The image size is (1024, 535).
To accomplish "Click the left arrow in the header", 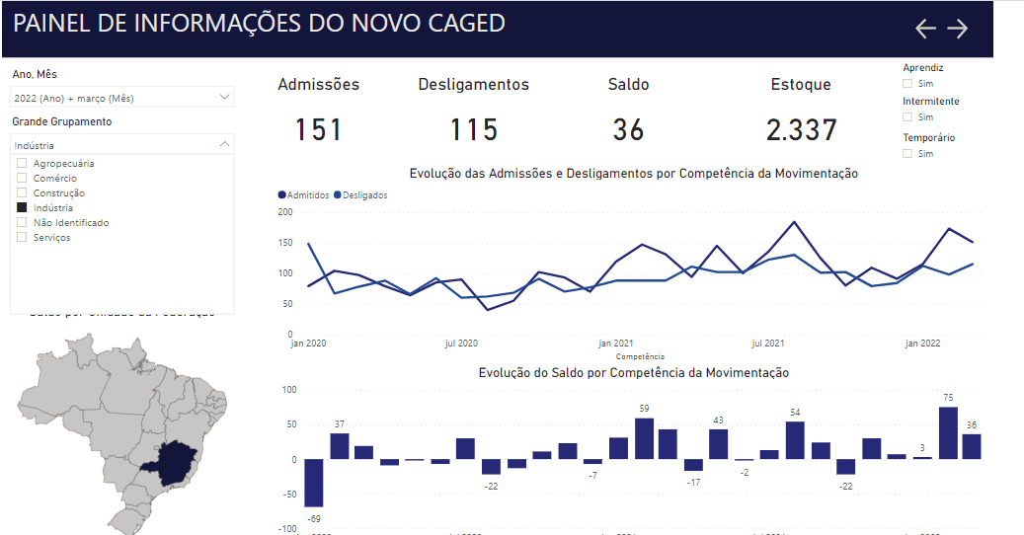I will pyautogui.click(x=925, y=29).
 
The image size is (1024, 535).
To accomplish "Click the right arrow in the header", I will pyautogui.click(x=958, y=29).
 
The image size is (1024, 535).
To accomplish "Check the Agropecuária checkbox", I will pyautogui.click(x=22, y=164).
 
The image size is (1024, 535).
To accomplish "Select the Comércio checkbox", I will pyautogui.click(x=22, y=179).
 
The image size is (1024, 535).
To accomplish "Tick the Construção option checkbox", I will pyautogui.click(x=22, y=193).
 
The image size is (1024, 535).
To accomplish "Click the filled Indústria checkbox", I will pyautogui.click(x=22, y=208).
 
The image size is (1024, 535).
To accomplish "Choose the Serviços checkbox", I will pyautogui.click(x=22, y=238).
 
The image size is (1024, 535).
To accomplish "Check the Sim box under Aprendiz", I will pyautogui.click(x=907, y=84).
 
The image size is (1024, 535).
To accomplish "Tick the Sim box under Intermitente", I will pyautogui.click(x=907, y=117).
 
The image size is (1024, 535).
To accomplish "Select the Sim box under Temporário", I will pyautogui.click(x=907, y=154).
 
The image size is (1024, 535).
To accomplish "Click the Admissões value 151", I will pyautogui.click(x=318, y=129).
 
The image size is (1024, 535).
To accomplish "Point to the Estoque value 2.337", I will pyautogui.click(x=801, y=129).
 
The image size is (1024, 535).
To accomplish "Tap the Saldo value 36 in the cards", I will pyautogui.click(x=628, y=129).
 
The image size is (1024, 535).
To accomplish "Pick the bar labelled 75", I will pyautogui.click(x=948, y=432).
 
